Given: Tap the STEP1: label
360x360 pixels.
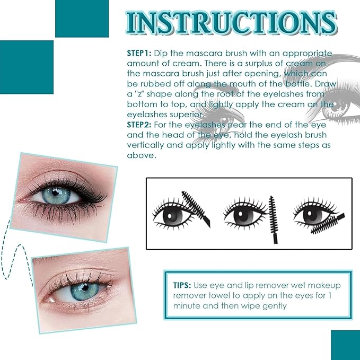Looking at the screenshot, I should pyautogui.click(x=139, y=54).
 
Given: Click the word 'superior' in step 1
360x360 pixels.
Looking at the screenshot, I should pyautogui.click(x=187, y=115).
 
